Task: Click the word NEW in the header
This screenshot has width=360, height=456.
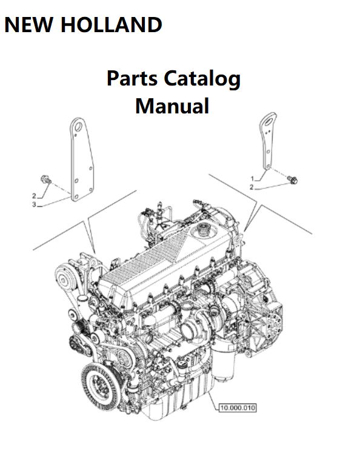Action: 28,25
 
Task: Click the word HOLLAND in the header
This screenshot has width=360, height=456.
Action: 112,25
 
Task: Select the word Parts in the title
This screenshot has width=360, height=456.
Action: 132,78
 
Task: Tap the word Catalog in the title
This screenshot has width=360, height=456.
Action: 202,79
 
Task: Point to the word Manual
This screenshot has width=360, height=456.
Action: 172,106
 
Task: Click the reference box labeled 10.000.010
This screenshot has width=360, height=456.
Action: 238,407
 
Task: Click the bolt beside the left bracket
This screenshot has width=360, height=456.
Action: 45,179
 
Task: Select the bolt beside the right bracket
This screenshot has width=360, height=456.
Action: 293,179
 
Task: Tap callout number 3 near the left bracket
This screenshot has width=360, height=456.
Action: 34,205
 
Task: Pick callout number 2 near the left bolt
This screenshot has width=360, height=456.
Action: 34,196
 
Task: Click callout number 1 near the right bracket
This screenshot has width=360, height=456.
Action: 252,178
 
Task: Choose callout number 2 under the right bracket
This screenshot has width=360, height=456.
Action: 252,187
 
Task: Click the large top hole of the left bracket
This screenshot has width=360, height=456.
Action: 78,127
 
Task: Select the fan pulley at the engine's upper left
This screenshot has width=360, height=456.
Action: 63,278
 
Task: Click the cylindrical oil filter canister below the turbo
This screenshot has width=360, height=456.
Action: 224,363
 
